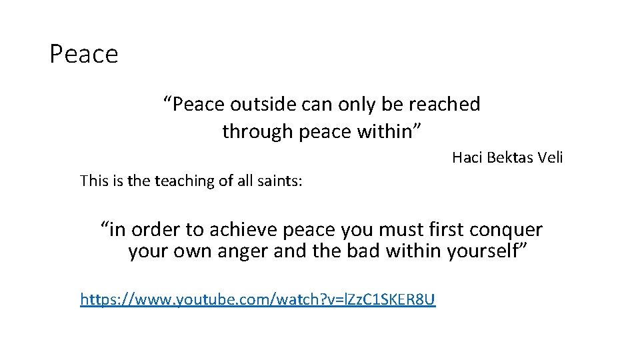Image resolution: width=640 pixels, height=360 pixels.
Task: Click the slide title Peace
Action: pyautogui.click(x=83, y=54)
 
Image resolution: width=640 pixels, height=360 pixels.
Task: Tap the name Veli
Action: pyautogui.click(x=551, y=158)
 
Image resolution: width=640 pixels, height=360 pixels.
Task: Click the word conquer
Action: pyautogui.click(x=505, y=230)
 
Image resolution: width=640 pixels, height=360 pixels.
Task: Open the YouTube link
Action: pyautogui.click(x=257, y=299)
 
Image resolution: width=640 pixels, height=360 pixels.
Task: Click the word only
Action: pyautogui.click(x=357, y=104)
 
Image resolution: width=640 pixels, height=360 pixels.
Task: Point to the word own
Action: pyautogui.click(x=189, y=252)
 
